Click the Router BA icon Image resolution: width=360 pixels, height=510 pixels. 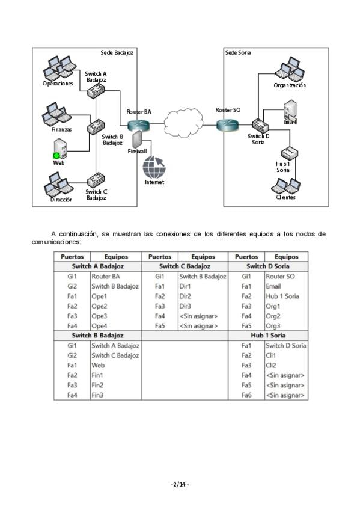tap(138, 125)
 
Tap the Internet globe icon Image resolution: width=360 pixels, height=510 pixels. tap(154, 167)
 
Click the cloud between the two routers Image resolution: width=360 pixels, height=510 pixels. tap(183, 123)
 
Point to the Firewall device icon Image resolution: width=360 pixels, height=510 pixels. tap(137, 139)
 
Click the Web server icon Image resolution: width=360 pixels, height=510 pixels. tap(60, 149)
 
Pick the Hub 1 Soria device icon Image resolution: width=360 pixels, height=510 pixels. tap(290, 153)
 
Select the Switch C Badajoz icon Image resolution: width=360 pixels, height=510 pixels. tap(96, 180)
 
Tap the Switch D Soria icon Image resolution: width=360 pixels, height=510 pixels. tap(261, 125)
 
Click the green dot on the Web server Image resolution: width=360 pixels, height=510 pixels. tap(56, 156)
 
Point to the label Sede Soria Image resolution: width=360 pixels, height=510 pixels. tap(238, 52)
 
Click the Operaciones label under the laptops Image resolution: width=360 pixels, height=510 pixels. tap(58, 84)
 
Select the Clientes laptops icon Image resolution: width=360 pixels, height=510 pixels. tap(285, 186)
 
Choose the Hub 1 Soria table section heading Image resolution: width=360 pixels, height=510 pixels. tap(268, 336)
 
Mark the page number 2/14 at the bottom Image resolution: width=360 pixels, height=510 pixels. tap(180, 484)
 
